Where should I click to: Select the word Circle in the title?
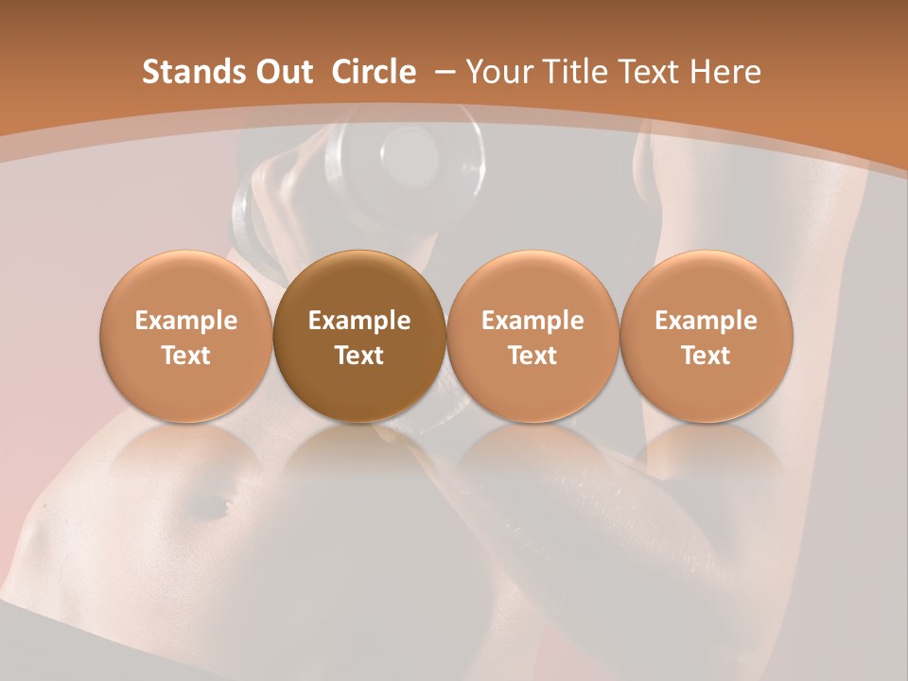click(374, 72)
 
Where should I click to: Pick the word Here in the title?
click(725, 72)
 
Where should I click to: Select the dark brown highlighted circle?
click(359, 336)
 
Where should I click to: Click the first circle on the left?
click(186, 336)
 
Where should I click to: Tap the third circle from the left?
click(533, 336)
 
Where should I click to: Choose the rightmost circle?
click(707, 336)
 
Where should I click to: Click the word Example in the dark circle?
click(359, 321)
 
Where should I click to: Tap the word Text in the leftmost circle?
click(186, 356)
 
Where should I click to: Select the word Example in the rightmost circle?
click(707, 321)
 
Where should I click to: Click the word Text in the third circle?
click(533, 356)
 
